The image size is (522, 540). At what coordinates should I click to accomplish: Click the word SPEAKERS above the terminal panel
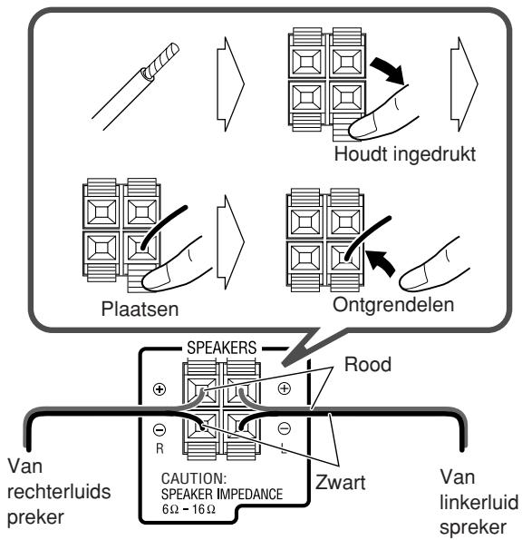tap(221, 348)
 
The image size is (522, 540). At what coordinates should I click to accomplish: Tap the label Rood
tap(368, 364)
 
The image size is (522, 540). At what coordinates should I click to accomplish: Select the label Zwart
tap(340, 482)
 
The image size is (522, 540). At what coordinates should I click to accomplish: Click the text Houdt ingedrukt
tap(405, 154)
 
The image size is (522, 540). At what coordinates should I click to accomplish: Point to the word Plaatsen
tap(140, 309)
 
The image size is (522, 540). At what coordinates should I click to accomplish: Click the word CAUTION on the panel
tap(194, 478)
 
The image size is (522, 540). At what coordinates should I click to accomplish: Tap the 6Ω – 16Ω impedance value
tap(188, 508)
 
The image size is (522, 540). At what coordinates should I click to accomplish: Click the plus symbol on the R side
tap(159, 389)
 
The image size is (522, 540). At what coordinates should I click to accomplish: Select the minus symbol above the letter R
tap(159, 429)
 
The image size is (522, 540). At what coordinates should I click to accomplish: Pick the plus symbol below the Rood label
tap(284, 388)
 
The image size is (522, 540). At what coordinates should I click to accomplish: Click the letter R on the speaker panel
tap(159, 448)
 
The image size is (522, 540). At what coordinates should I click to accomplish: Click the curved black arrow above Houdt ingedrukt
tap(388, 71)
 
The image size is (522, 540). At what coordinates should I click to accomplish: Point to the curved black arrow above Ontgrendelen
tap(381, 262)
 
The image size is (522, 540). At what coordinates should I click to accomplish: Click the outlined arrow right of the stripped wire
tap(230, 84)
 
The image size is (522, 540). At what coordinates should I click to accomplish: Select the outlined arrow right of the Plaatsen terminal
tap(230, 242)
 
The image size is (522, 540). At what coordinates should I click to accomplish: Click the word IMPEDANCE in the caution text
tap(250, 495)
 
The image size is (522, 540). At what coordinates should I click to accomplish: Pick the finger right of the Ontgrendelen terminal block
tap(431, 267)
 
